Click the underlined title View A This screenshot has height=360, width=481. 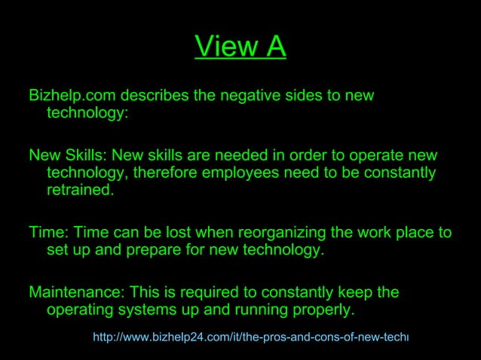click(240, 47)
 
